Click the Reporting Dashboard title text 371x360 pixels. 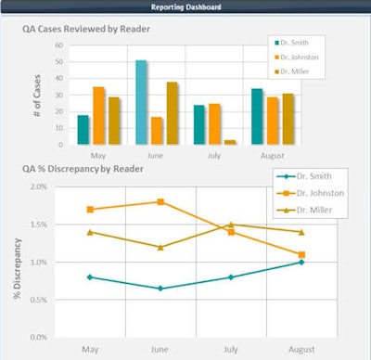click(186, 6)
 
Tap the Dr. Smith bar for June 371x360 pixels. click(141, 102)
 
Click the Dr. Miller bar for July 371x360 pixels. click(230, 142)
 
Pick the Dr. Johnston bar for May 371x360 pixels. click(98, 115)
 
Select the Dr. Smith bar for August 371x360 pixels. click(257, 116)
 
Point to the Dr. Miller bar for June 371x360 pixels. click(173, 113)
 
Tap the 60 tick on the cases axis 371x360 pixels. click(59, 45)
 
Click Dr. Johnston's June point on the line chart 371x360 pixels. click(161, 201)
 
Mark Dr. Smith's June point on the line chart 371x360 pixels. click(161, 289)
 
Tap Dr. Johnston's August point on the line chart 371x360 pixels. click(302, 254)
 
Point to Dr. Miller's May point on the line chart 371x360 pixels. click(89, 232)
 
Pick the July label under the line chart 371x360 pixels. click(232, 350)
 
